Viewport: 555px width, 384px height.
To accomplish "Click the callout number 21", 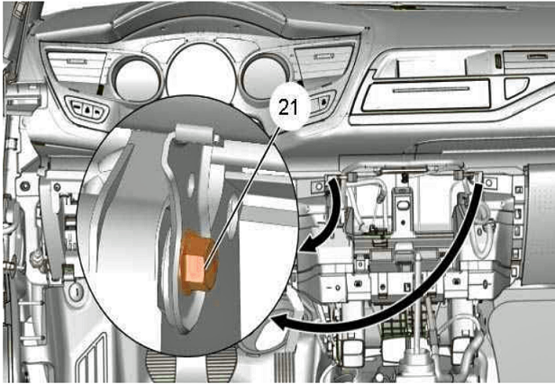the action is click(x=288, y=107).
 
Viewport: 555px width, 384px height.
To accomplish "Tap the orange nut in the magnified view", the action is click(x=196, y=263).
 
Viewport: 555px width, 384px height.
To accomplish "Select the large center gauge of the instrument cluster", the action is click(x=201, y=73).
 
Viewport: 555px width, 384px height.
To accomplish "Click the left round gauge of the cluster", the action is click(x=136, y=80).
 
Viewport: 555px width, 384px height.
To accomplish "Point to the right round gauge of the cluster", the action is click(x=265, y=77).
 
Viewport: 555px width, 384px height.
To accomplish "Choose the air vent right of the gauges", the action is click(x=323, y=61).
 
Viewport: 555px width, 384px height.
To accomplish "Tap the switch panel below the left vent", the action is click(x=87, y=110).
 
